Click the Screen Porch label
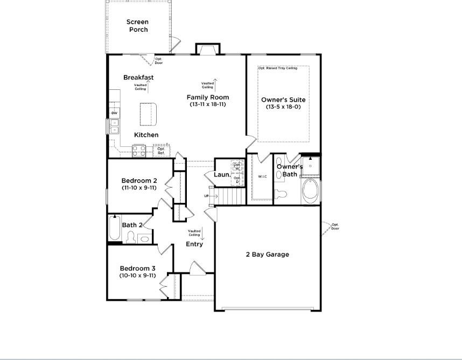click(137, 25)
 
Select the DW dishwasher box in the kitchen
click(114, 113)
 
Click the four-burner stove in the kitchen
click(139, 152)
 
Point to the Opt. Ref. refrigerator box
click(161, 151)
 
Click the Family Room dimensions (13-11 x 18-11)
click(208, 104)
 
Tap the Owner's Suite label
click(283, 100)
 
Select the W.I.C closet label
click(263, 177)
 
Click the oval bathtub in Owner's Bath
click(310, 190)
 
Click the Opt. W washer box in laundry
click(237, 167)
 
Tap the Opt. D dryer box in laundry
click(237, 180)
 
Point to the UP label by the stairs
click(206, 196)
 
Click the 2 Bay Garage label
click(268, 255)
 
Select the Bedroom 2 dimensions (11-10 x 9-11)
click(139, 188)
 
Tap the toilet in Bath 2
click(131, 237)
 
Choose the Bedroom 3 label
click(138, 269)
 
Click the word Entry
click(194, 244)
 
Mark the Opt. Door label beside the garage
click(335, 226)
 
